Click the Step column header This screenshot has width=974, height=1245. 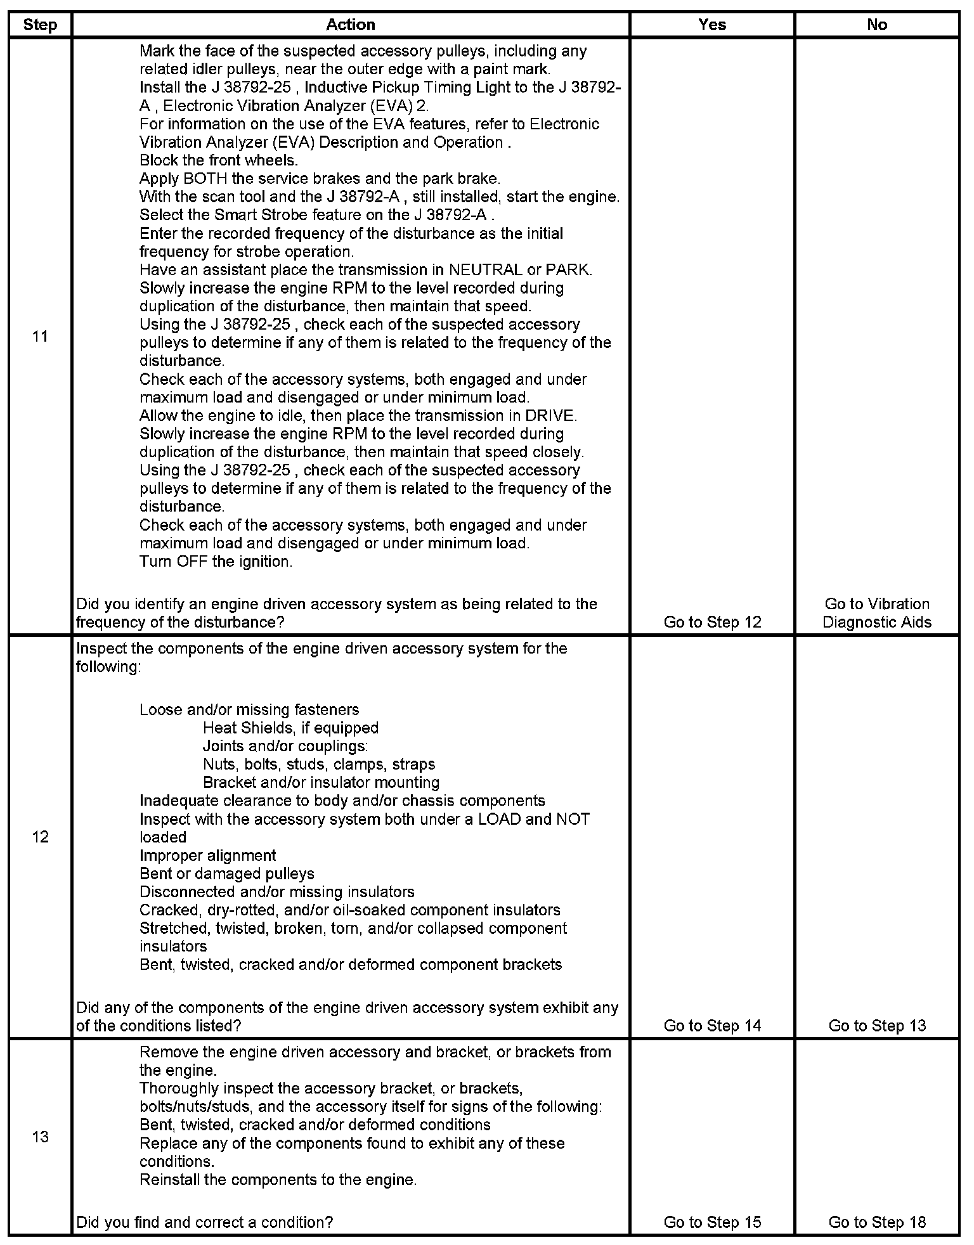40,25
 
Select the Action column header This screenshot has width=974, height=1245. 351,25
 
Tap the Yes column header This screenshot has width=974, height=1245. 712,25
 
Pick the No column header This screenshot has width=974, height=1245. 877,25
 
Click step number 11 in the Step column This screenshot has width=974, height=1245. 40,337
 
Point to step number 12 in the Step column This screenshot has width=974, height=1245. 40,837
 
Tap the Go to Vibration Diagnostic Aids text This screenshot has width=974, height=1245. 877,613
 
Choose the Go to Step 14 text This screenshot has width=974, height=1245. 712,1026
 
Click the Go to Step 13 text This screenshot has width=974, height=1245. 877,1026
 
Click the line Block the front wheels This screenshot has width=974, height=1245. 219,160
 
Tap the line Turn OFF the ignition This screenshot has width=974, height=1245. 216,562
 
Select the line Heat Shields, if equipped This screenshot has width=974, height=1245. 290,728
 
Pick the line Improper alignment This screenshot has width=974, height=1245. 208,856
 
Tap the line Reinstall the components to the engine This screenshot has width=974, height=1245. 278,1180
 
